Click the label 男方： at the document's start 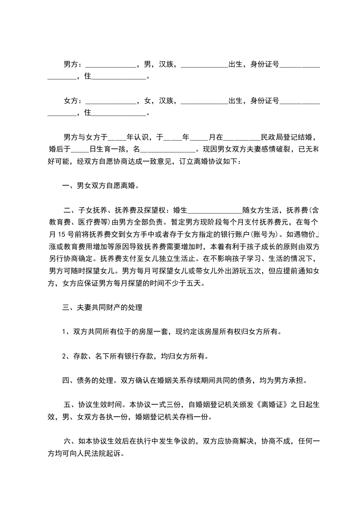(73, 64)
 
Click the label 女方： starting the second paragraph (73, 100)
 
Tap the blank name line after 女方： (111, 101)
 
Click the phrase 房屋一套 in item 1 (153, 332)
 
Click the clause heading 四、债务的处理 (89, 380)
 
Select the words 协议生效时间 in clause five (100, 404)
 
